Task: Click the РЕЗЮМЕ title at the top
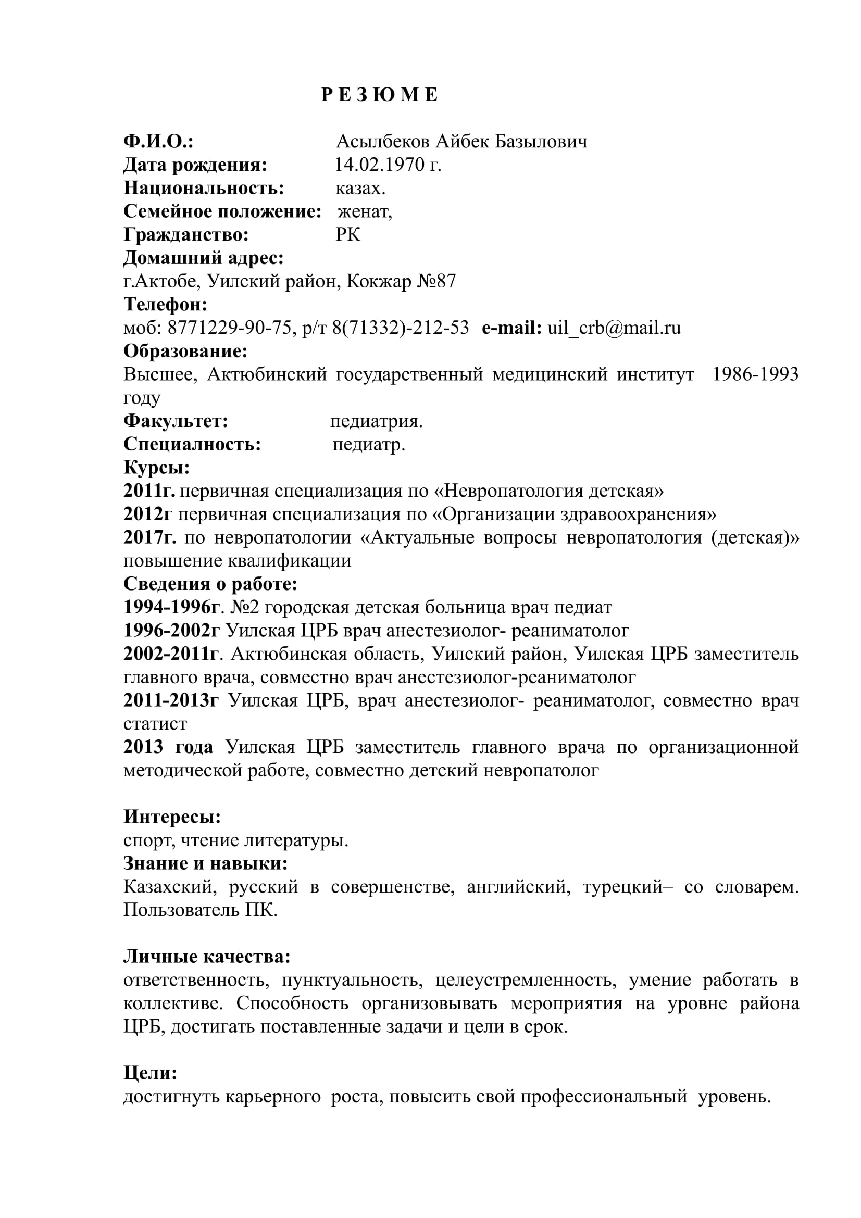(x=379, y=95)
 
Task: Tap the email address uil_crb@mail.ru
(x=614, y=328)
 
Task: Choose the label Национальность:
(x=204, y=189)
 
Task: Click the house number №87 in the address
(x=436, y=281)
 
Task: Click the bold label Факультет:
(x=176, y=421)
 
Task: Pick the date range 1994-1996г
(x=171, y=607)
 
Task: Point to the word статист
(x=155, y=724)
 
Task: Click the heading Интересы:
(x=172, y=817)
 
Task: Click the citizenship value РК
(x=348, y=234)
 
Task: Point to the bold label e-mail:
(x=511, y=328)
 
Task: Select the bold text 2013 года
(x=168, y=747)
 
